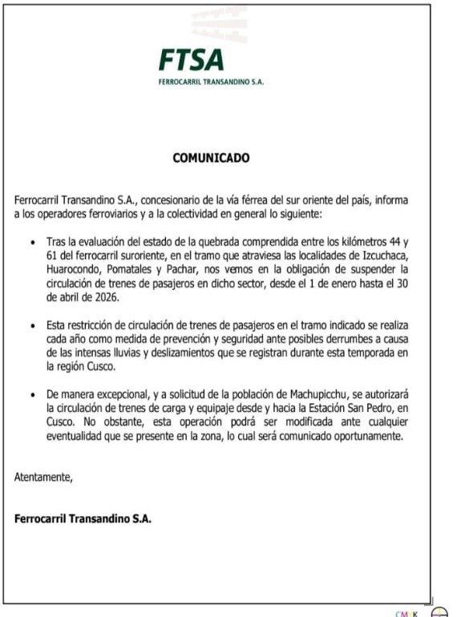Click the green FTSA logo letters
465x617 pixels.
(x=191, y=60)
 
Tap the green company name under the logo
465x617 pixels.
(x=212, y=82)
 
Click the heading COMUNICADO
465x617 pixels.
(x=212, y=158)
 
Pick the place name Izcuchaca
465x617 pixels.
(x=384, y=255)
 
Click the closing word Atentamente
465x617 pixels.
(x=43, y=478)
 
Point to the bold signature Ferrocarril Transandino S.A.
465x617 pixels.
(x=83, y=518)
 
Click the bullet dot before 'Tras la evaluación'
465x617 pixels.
(x=31, y=242)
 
